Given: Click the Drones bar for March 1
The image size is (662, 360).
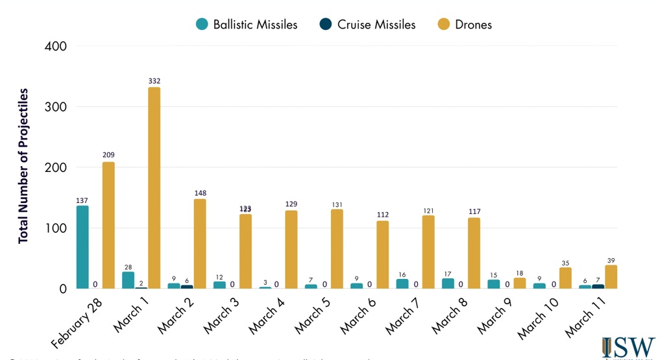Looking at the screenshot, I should pyautogui.click(x=154, y=187).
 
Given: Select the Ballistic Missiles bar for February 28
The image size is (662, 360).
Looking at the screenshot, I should pyautogui.click(x=82, y=247).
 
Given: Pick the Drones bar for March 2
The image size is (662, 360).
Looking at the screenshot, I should pyautogui.click(x=200, y=244).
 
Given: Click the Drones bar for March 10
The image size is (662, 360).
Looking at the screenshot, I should pyautogui.click(x=565, y=278).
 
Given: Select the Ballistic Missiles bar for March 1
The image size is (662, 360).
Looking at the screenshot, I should pyautogui.click(x=128, y=280).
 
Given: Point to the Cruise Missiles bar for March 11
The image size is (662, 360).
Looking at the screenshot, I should pyautogui.click(x=598, y=286).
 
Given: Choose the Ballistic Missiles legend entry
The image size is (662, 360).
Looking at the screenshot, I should pyautogui.click(x=247, y=25).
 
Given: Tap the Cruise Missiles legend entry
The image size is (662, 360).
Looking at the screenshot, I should pyautogui.click(x=367, y=25).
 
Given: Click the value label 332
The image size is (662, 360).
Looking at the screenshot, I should pyautogui.click(x=154, y=81).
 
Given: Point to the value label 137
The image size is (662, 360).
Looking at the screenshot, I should pyautogui.click(x=82, y=200).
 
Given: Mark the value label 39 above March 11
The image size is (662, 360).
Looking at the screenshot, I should pyautogui.click(x=611, y=260).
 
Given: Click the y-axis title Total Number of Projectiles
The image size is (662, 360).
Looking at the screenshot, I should pyautogui.click(x=24, y=167).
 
